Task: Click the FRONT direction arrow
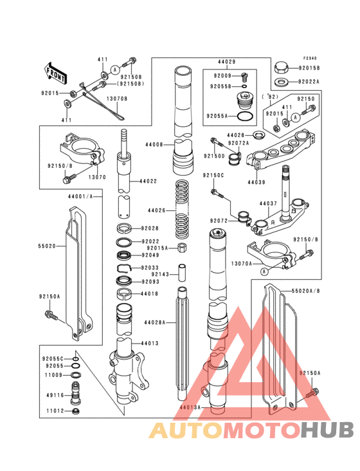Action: tap(57, 73)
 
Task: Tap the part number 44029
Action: tap(226, 62)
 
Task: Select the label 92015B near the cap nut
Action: tap(310, 68)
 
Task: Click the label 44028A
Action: tap(155, 322)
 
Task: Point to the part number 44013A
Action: tap(190, 407)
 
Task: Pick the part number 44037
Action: tap(268, 203)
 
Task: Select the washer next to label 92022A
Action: tap(281, 82)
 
